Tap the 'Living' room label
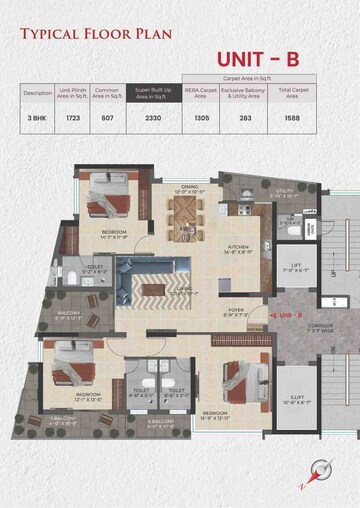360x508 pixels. [186, 290]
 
